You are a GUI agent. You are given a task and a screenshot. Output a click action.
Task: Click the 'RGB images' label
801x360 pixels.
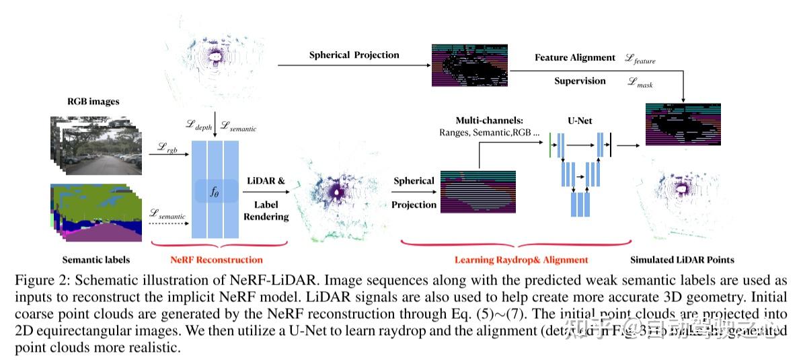pyautogui.click(x=93, y=102)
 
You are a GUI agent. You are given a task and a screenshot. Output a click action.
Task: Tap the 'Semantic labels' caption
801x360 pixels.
pyautogui.click(x=96, y=259)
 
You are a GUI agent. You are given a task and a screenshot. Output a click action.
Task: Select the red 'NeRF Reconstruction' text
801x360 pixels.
pyautogui.click(x=217, y=259)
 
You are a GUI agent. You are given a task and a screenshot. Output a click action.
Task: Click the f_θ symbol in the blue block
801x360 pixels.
pyautogui.click(x=215, y=192)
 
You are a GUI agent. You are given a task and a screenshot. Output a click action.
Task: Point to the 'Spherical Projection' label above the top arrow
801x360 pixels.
pyautogui.click(x=354, y=55)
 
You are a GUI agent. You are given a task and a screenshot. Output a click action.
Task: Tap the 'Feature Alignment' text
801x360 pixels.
pyautogui.click(x=575, y=58)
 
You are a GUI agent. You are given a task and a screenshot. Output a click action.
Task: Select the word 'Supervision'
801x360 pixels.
pyautogui.click(x=580, y=81)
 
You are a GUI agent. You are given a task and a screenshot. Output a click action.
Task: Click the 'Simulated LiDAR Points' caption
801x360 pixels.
pyautogui.click(x=681, y=259)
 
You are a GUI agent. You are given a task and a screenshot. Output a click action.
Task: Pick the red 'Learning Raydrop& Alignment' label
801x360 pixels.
pyautogui.click(x=521, y=259)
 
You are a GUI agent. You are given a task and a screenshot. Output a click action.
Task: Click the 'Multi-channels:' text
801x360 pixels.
pyautogui.click(x=490, y=120)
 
